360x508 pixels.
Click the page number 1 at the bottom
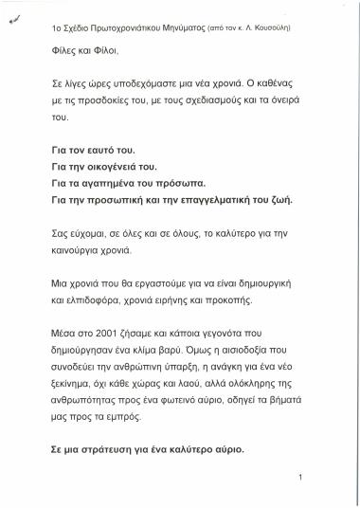point(299,478)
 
